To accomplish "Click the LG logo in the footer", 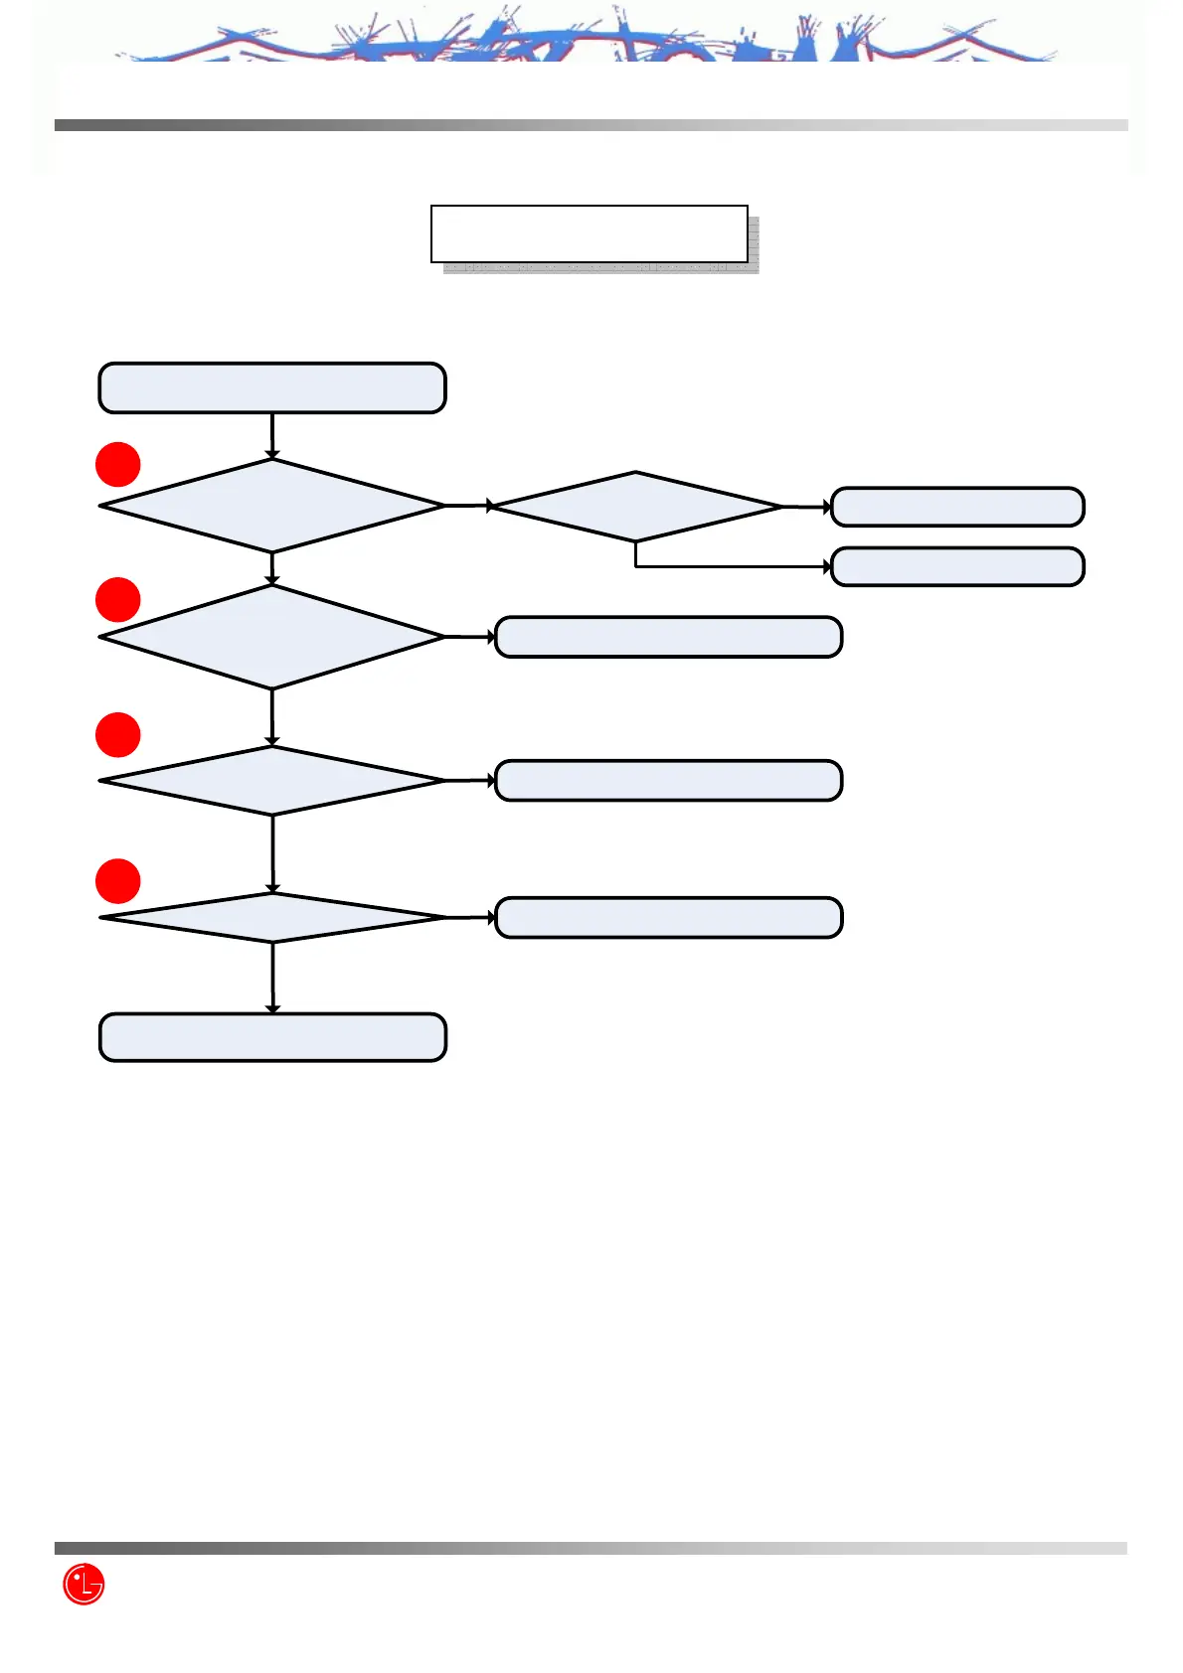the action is (x=84, y=1584).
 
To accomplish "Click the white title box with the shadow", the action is (x=589, y=234).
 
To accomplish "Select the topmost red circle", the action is (x=117, y=464).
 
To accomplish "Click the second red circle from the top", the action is (x=117, y=600).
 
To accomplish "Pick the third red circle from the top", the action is (x=117, y=735).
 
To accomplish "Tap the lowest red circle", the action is (x=117, y=881).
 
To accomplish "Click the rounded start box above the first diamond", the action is (x=271, y=387).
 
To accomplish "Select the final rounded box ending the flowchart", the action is (x=272, y=1037).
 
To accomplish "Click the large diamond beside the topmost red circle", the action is (x=271, y=506).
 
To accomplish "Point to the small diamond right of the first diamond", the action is (x=636, y=507).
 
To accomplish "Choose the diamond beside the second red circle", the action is (x=271, y=637).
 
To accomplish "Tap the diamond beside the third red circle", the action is (x=271, y=781).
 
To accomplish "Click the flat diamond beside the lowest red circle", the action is (x=271, y=917).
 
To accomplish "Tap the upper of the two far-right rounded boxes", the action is (x=956, y=507).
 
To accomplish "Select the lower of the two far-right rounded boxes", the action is (x=956, y=566).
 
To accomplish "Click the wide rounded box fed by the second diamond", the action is (x=668, y=637).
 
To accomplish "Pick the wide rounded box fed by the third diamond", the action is (x=668, y=781).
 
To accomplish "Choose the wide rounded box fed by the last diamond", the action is (x=668, y=917).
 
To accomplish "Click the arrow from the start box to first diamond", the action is (x=271, y=435).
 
